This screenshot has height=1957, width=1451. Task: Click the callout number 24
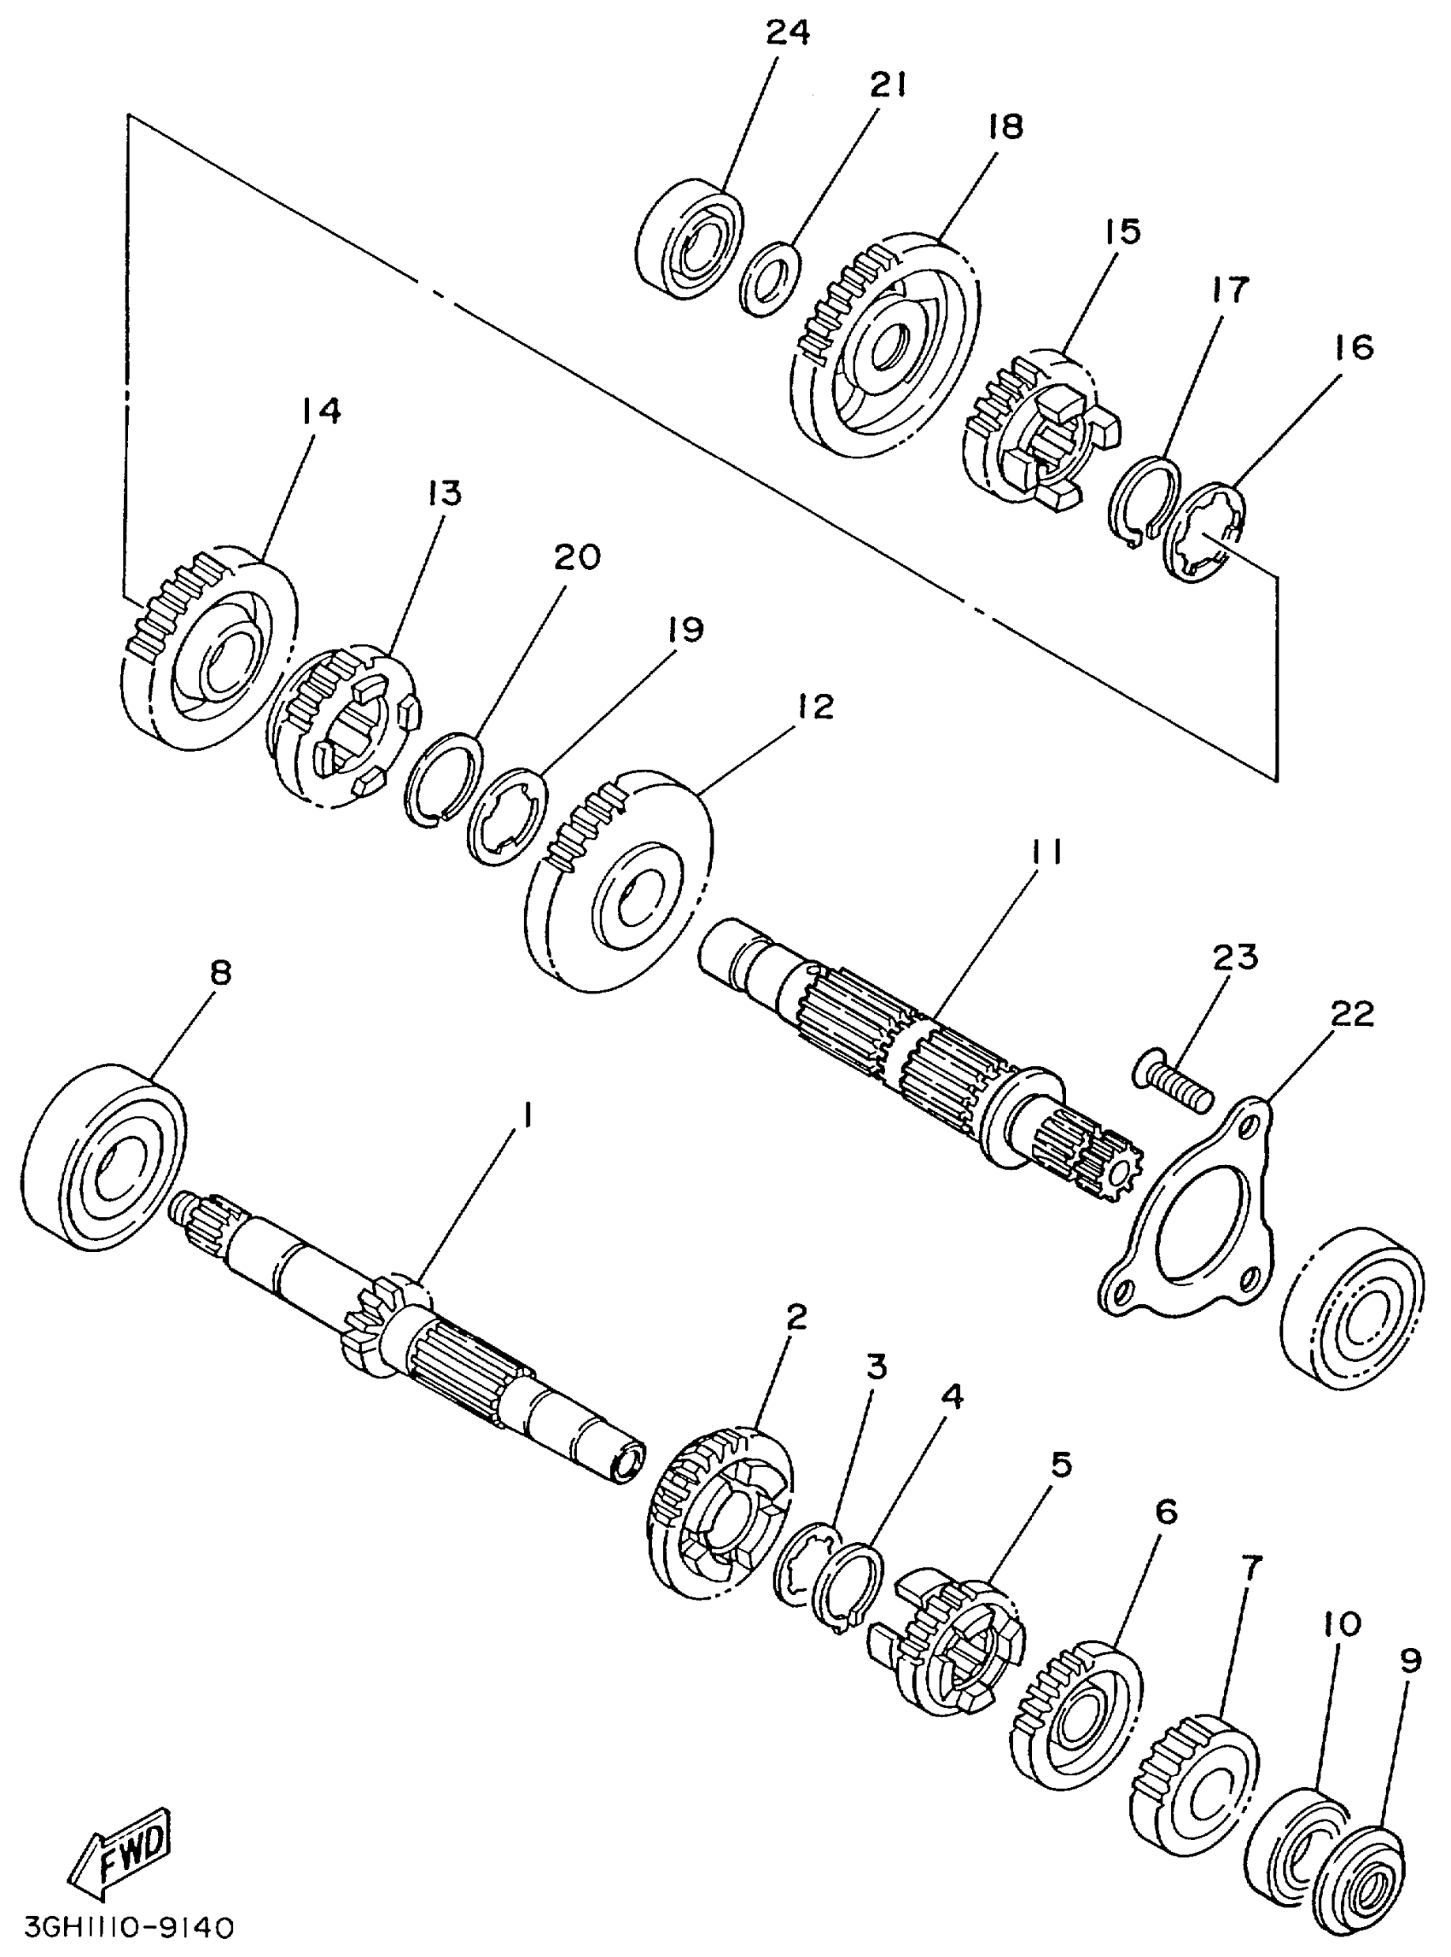coord(788,32)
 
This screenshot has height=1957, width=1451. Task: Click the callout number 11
coord(1044,851)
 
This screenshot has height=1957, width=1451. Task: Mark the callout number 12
coord(816,705)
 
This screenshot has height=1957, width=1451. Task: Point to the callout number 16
coord(1355,347)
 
